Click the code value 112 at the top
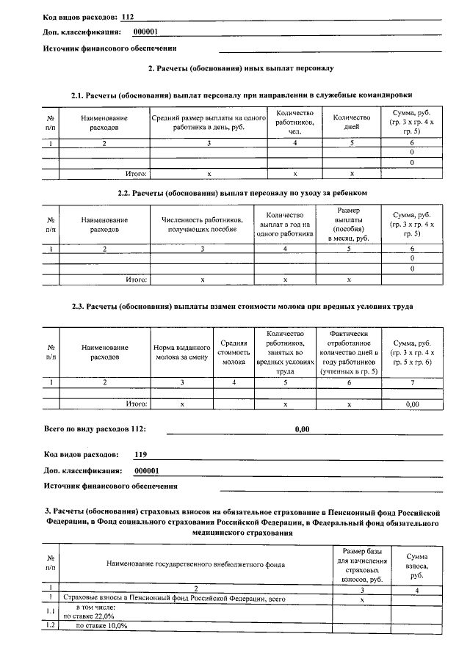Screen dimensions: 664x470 coord(128,15)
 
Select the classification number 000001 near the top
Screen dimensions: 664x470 coord(146,32)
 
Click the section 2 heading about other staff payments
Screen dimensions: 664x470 coord(242,68)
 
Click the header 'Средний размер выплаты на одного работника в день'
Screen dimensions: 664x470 coord(208,122)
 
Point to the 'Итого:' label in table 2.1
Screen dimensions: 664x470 coord(136,174)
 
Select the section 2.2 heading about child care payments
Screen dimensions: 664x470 coord(242,192)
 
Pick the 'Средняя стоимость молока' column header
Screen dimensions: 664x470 coord(234,352)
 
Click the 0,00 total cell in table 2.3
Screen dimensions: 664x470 coord(412,404)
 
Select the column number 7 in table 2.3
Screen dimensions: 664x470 coord(412,382)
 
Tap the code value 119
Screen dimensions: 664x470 coord(141,454)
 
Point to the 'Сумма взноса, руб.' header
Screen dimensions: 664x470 coord(416,564)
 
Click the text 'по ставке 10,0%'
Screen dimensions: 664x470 coord(102,626)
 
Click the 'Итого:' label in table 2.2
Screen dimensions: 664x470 coord(136,280)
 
